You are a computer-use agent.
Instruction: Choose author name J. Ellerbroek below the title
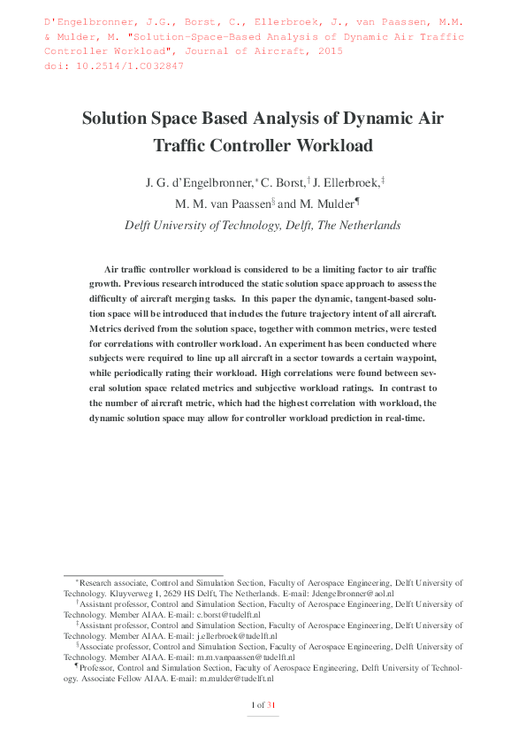click(347, 182)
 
